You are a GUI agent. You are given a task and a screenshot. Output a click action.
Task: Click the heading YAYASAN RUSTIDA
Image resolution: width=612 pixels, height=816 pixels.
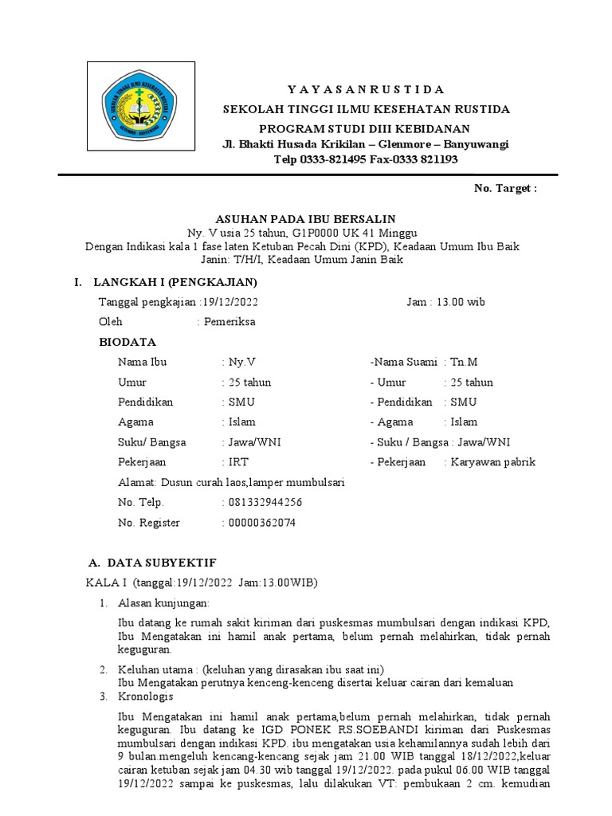pyautogui.click(x=366, y=88)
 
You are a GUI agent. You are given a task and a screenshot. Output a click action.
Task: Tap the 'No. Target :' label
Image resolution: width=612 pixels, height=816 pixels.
pyautogui.click(x=505, y=189)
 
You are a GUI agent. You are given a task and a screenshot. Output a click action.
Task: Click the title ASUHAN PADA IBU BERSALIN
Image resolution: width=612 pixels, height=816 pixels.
pyautogui.click(x=306, y=218)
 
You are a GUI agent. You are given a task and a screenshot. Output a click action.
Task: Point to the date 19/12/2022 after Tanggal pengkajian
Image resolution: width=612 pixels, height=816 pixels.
pyautogui.click(x=230, y=302)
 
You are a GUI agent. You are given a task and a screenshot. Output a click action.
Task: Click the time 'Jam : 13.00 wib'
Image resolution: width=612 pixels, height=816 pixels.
pyautogui.click(x=445, y=302)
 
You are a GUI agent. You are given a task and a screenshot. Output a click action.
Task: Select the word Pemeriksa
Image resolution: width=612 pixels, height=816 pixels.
pyautogui.click(x=231, y=322)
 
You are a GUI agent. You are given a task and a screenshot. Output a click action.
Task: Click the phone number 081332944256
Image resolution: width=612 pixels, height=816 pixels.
pyautogui.click(x=265, y=502)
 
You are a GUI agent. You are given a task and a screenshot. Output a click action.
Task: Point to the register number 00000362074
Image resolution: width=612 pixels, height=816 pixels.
pyautogui.click(x=261, y=523)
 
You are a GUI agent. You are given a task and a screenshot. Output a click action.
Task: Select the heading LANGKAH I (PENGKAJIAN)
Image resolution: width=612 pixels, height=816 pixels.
pyautogui.click(x=175, y=282)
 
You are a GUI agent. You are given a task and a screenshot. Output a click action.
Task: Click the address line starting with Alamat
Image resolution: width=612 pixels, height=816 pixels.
pyautogui.click(x=231, y=482)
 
